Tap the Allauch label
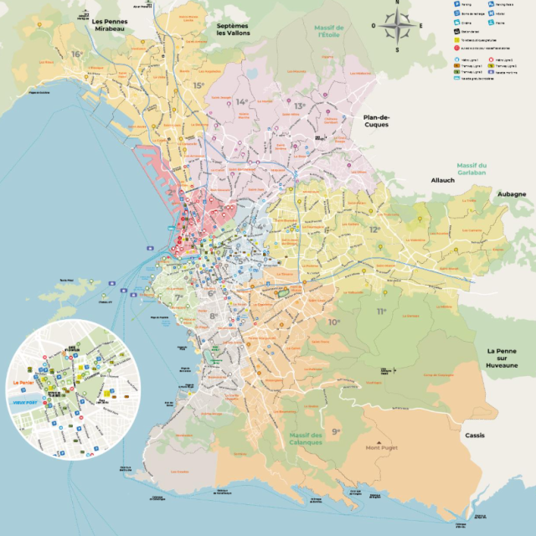[442, 180]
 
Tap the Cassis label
[475, 435]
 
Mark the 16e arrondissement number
[77, 54]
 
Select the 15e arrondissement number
[198, 85]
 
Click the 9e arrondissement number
[336, 431]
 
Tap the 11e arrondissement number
[382, 312]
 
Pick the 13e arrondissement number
[299, 106]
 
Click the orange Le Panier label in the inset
[23, 384]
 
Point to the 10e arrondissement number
[334, 322]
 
